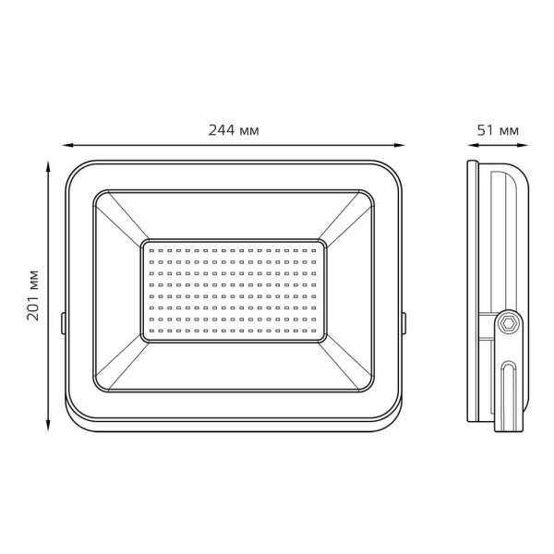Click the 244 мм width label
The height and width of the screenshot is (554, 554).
pyautogui.click(x=235, y=131)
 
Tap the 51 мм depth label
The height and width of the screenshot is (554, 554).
pyautogui.click(x=498, y=131)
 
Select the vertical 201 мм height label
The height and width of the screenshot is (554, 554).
pyautogui.click(x=32, y=294)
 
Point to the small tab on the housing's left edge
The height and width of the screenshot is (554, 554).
pyautogui.click(x=63, y=322)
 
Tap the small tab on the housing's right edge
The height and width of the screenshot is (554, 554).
pyautogui.click(x=404, y=322)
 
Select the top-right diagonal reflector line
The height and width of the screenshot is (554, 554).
pyautogui.click(x=346, y=218)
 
